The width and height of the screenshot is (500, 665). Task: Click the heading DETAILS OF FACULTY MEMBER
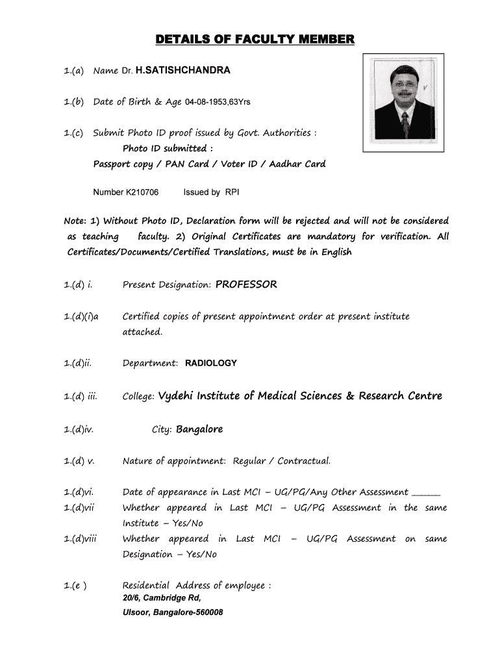255,41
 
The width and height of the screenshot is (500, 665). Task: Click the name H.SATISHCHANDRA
182,70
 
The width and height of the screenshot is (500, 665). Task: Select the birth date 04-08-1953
205,102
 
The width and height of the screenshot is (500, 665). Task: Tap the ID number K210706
144,192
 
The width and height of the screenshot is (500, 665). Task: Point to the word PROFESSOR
246,284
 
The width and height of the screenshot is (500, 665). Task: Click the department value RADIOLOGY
211,363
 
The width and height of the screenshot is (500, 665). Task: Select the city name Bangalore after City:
199,429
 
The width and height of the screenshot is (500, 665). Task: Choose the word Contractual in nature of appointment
304,461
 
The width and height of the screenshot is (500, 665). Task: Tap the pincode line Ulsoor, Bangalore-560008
173,612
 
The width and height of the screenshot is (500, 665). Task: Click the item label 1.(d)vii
81,508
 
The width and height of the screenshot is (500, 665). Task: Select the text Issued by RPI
212,192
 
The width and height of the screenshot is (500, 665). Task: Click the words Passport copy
123,164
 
